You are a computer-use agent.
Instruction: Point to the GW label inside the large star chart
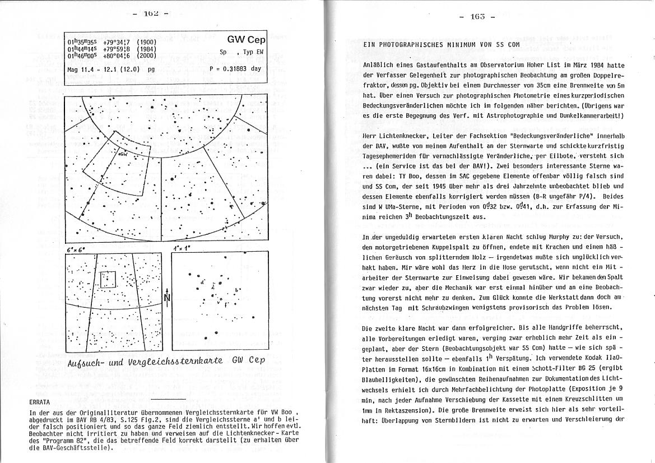[x=123, y=153]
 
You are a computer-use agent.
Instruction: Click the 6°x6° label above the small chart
[x=74, y=248]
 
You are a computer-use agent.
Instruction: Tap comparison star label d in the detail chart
[x=201, y=282]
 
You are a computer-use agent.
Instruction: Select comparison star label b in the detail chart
[x=238, y=289]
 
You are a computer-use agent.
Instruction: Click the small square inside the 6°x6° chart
[x=108, y=279]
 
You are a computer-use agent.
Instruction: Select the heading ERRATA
[x=40, y=402]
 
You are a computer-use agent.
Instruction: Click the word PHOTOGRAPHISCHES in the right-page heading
[x=412, y=44]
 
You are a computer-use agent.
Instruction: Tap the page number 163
[x=478, y=17]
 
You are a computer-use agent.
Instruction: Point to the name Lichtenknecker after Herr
[x=406, y=136]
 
